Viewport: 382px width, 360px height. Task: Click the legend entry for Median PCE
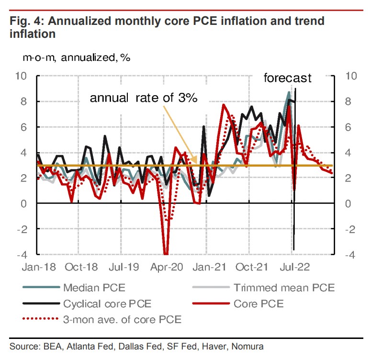point(91,288)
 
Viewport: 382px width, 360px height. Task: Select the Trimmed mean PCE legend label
point(284,288)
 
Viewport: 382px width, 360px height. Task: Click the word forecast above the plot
point(288,78)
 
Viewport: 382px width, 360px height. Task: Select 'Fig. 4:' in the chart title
point(24,21)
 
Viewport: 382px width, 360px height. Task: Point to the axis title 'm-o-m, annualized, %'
point(70,57)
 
